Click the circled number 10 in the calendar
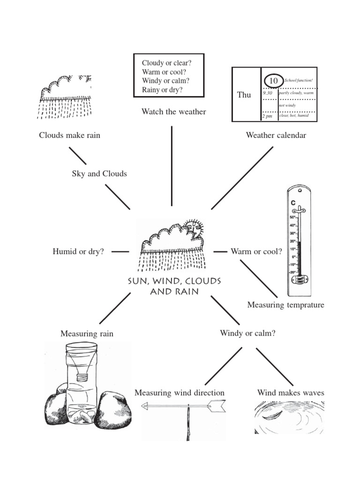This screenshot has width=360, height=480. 274,81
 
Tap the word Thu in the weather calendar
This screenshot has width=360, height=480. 244,95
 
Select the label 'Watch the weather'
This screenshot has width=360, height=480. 173,112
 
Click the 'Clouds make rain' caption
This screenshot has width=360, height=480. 69,135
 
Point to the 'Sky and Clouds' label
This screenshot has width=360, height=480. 99,173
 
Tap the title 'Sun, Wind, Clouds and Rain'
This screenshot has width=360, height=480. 174,286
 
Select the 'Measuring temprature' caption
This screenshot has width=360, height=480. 285,305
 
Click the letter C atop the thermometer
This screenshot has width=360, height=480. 293,203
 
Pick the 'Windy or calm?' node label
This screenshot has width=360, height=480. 247,333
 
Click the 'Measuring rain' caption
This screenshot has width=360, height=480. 87,334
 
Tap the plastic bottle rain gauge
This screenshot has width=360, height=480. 82,380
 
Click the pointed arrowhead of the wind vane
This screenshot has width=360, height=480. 217,406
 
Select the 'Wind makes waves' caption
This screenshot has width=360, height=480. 291,392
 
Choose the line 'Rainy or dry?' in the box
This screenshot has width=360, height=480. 162,90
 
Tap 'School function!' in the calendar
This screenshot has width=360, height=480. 298,81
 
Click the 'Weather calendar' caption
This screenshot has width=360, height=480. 276,135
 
